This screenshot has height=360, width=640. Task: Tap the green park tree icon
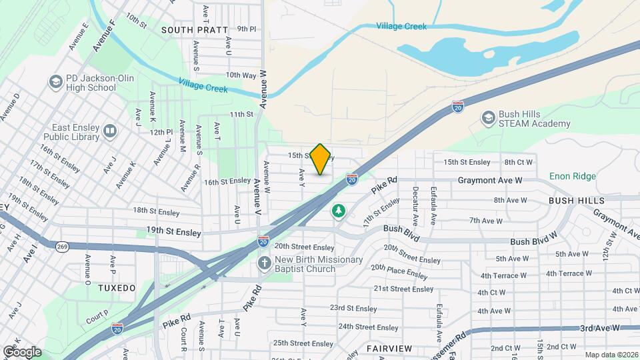click(x=339, y=211)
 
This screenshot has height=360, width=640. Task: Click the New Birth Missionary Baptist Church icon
click(x=265, y=263)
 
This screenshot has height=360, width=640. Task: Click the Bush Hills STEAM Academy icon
click(x=488, y=118)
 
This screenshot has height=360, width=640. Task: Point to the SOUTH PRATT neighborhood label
click(x=194, y=30)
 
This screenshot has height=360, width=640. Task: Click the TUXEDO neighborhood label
click(x=117, y=288)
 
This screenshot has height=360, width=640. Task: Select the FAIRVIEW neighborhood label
click(x=389, y=349)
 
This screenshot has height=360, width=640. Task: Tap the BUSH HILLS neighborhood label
click(x=577, y=200)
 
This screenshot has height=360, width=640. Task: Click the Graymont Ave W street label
click(x=489, y=180)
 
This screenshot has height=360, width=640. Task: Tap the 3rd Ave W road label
click(x=599, y=328)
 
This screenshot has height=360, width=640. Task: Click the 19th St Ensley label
click(x=173, y=232)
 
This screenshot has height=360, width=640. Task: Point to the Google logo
click(x=21, y=351)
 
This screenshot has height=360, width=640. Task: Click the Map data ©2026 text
click(x=611, y=355)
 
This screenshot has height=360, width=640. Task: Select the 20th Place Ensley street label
click(x=399, y=271)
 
